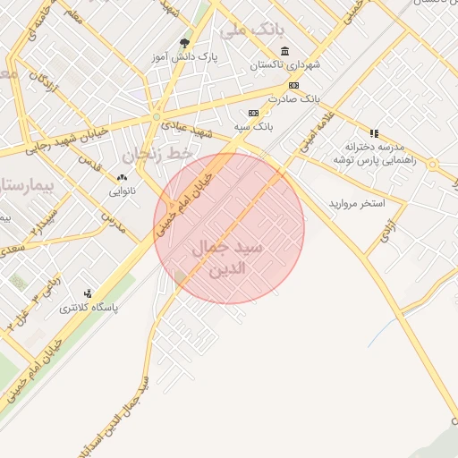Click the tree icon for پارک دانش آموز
pyautogui.click(x=185, y=42)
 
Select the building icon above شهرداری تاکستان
pyautogui.click(x=284, y=50)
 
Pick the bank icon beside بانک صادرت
pyautogui.click(x=293, y=85)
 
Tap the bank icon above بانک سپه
pyautogui.click(x=253, y=113)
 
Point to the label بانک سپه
pyautogui.click(x=253, y=127)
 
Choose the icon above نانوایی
pyautogui.click(x=122, y=177)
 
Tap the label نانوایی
pyautogui.click(x=123, y=191)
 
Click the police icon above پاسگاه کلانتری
pyautogui.click(x=88, y=293)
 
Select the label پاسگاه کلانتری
pyautogui.click(x=89, y=308)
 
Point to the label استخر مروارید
pyautogui.click(x=356, y=204)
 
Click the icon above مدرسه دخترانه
pyautogui.click(x=374, y=132)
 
